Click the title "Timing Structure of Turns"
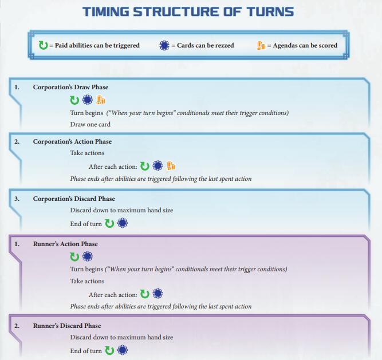[x=188, y=11]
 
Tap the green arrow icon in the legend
[x=44, y=45]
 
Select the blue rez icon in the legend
[x=164, y=45]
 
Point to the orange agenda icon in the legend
[x=261, y=45]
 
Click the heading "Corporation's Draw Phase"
[x=70, y=87]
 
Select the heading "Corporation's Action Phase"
[x=72, y=141]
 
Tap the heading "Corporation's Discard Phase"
[x=74, y=199]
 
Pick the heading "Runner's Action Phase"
[x=65, y=244]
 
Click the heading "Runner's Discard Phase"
[x=67, y=326]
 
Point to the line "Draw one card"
[x=90, y=124]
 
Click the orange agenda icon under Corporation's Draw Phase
[x=101, y=100]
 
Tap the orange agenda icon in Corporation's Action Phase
[x=171, y=166]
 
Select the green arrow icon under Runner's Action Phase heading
[x=74, y=256]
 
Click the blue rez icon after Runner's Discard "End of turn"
[x=122, y=350]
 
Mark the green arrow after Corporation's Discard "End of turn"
[x=109, y=223]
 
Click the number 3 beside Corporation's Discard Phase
[x=17, y=199]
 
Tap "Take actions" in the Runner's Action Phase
[x=87, y=281]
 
